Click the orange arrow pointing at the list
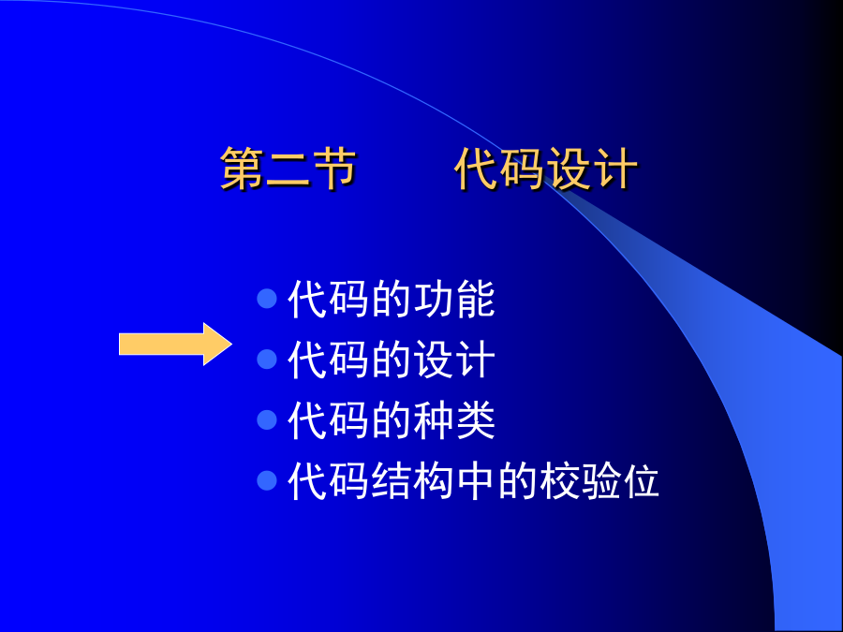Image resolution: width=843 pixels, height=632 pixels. [175, 344]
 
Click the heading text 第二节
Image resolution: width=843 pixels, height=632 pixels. [288, 169]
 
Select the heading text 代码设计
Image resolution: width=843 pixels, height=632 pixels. [546, 169]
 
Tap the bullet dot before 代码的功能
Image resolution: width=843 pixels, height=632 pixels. [267, 299]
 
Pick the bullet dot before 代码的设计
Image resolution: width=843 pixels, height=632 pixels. [267, 359]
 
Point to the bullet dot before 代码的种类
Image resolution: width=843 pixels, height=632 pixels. [267, 419]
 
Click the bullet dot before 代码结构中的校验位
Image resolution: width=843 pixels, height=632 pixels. [267, 480]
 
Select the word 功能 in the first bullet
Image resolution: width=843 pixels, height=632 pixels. [453, 299]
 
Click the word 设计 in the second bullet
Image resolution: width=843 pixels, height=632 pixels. [453, 359]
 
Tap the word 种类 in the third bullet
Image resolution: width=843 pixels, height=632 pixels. [453, 419]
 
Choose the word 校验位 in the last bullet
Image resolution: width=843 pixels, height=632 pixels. [599, 480]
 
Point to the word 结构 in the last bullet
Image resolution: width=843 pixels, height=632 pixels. [412, 480]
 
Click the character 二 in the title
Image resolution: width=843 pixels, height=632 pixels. [288, 169]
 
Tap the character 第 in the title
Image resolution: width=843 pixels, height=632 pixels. [242, 169]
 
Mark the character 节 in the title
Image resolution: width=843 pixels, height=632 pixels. [334, 169]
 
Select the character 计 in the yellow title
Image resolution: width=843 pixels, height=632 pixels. [616, 169]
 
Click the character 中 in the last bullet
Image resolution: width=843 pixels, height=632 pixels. [475, 480]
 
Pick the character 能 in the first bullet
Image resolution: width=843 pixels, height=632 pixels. [475, 299]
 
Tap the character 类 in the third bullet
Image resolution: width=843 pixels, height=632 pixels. [475, 419]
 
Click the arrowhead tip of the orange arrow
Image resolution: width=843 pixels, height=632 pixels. [231, 344]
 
